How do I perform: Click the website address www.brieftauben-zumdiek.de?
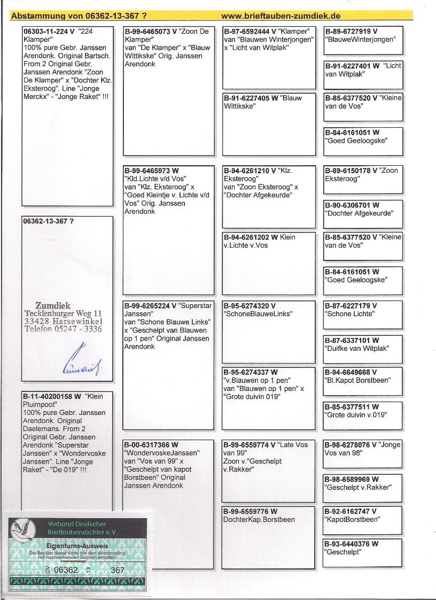(281, 16)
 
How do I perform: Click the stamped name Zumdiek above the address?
(53, 306)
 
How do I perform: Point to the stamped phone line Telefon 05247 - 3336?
(64, 329)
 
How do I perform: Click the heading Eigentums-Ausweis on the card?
(81, 545)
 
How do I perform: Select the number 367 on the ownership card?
(118, 570)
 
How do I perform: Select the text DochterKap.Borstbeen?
(259, 519)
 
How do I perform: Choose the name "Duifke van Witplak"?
(357, 349)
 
